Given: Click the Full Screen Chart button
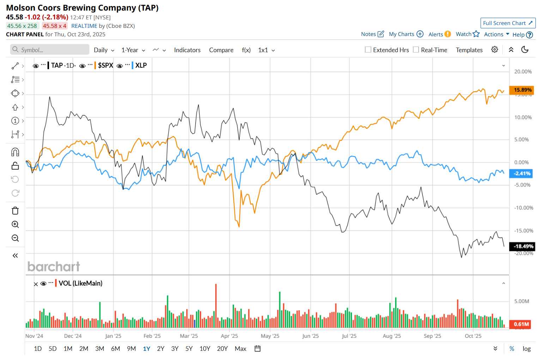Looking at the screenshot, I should click(x=508, y=23).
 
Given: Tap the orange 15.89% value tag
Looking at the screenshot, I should click(x=521, y=90).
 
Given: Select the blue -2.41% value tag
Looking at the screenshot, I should click(x=521, y=173).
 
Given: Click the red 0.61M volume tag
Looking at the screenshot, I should click(x=521, y=324).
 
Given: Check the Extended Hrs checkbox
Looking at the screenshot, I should click(x=368, y=50).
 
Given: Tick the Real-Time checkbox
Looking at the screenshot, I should click(x=416, y=50).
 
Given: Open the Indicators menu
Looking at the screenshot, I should click(x=187, y=50).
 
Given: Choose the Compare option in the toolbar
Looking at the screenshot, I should click(x=221, y=50).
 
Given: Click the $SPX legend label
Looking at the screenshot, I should click(x=105, y=65).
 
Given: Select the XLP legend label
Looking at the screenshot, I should click(x=141, y=65).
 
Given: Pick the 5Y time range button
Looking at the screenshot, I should click(x=189, y=349).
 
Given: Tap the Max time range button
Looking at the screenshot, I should click(x=240, y=349).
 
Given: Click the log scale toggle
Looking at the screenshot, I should click(x=526, y=349).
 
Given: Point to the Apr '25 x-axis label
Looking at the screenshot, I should click(x=229, y=336).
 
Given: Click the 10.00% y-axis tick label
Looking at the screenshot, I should click(x=523, y=117).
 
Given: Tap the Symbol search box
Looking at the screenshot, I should click(x=50, y=50).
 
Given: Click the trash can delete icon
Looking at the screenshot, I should click(x=15, y=211).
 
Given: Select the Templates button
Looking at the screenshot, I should click(x=469, y=50).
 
